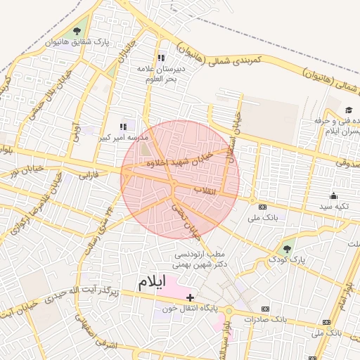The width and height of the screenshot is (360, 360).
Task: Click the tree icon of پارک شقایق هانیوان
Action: point(76,31)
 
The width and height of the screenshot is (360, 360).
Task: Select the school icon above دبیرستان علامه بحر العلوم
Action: point(161,58)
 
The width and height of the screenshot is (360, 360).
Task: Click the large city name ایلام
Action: point(150,283)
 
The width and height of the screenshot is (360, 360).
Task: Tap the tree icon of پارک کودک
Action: point(286,248)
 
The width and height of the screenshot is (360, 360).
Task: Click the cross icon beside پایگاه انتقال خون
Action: point(191,297)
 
